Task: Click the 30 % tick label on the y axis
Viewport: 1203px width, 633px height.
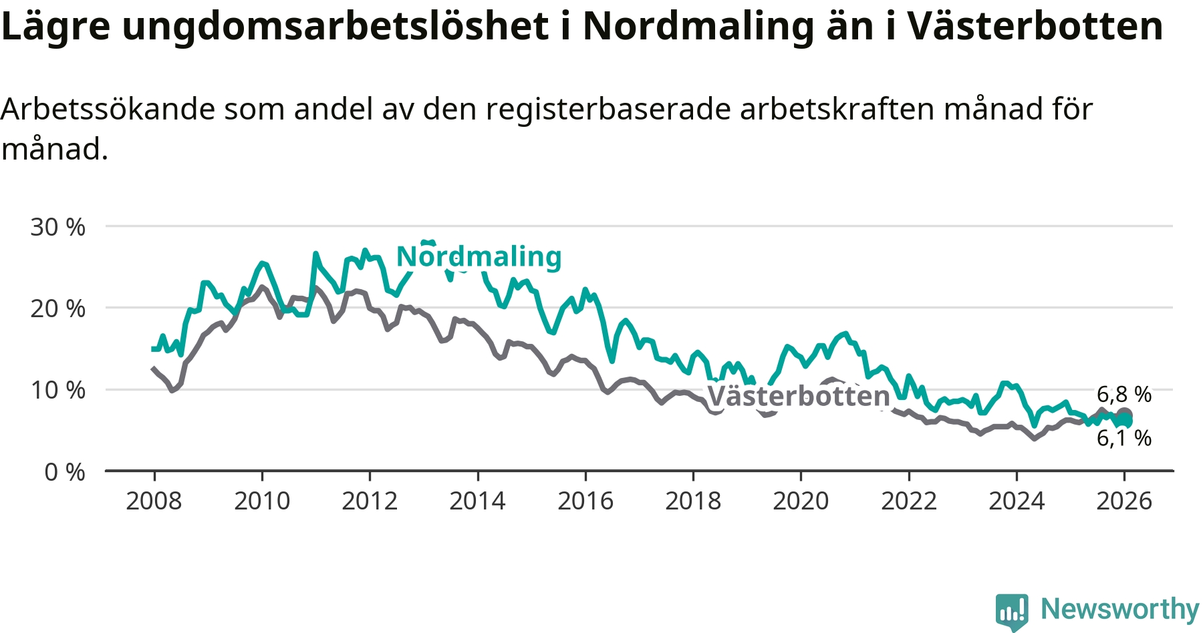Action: pos(57,227)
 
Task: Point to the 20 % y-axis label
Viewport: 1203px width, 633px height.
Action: pos(57,308)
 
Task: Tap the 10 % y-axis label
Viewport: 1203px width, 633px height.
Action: pos(57,390)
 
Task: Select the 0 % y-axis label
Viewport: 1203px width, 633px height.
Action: pos(64,472)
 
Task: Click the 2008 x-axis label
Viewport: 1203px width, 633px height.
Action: pos(154,501)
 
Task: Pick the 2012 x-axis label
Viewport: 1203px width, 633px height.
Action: pos(370,501)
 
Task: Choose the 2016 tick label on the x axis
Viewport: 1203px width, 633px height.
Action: pos(585,501)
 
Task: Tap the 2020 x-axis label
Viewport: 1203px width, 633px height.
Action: pos(801,501)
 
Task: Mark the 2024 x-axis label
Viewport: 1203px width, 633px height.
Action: pos(1017,501)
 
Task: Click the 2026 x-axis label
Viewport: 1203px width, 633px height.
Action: pos(1124,501)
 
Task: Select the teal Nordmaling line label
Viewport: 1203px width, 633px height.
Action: pos(479,256)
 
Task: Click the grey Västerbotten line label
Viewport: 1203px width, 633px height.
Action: pos(798,396)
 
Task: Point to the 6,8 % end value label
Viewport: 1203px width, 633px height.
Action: pos(1124,394)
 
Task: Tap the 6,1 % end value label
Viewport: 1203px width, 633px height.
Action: pos(1124,438)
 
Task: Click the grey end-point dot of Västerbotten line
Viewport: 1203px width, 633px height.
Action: pos(1125,415)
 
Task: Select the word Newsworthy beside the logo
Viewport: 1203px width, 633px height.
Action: pos(1120,609)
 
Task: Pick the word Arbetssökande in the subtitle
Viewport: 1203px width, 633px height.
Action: pos(108,109)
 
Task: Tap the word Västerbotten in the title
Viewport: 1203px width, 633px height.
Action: pos(1035,27)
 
